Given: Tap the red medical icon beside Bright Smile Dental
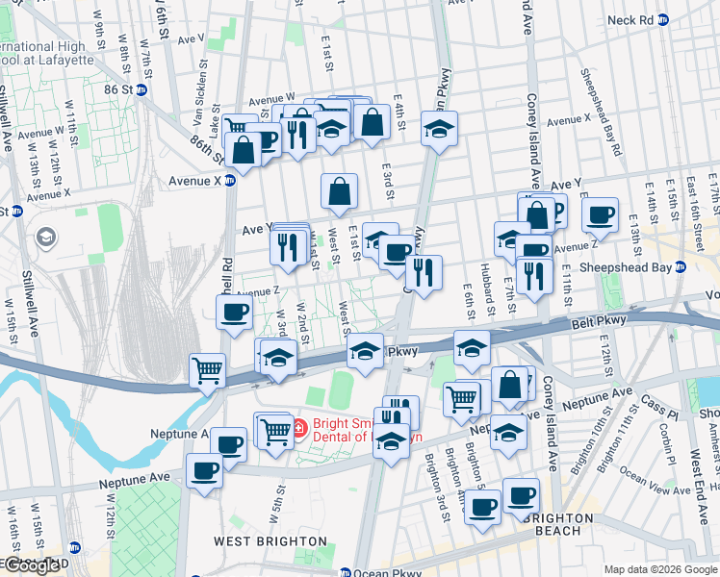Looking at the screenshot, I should click(x=298, y=425).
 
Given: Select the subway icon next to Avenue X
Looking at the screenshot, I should click(x=230, y=180).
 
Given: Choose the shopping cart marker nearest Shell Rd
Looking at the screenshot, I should click(x=208, y=369).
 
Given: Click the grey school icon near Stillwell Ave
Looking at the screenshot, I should click(x=46, y=237).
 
